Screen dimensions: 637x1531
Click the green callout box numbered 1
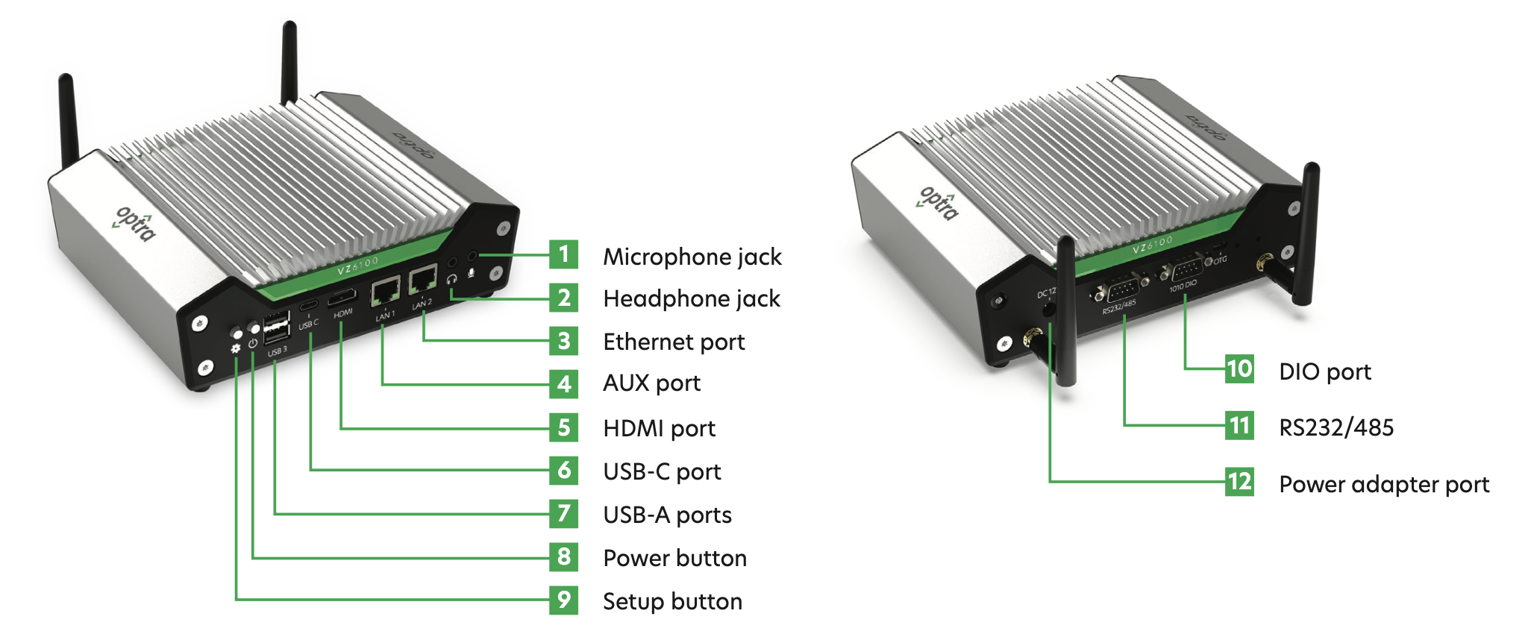563,254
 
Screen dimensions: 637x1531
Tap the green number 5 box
563,427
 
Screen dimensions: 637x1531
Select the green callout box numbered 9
563,600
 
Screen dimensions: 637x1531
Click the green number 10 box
1239,369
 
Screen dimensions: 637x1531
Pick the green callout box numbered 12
1239,482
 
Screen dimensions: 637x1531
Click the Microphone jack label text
692,257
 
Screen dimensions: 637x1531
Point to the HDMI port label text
659,428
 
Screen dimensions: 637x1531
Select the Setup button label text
672,601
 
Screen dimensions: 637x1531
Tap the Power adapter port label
1384,485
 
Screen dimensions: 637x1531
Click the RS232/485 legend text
1336,427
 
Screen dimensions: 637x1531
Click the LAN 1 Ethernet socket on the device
386,289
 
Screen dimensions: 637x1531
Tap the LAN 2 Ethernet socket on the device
423,279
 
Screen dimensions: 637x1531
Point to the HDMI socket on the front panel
343,296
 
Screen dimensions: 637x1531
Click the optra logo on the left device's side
136,223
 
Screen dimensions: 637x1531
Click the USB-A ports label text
667,515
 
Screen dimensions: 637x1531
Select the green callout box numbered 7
563,513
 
